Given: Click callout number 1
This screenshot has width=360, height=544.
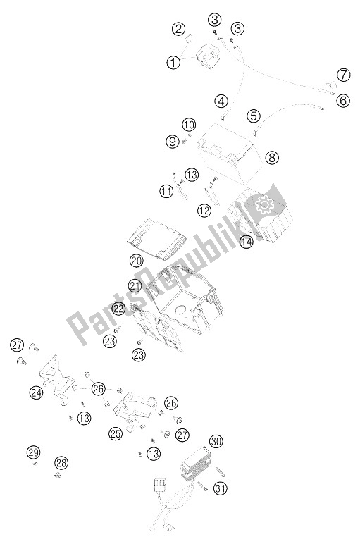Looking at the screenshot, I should click(x=173, y=62).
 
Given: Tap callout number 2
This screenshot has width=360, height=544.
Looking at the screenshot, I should click(x=180, y=29).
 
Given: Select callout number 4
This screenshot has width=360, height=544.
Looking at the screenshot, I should click(x=222, y=101).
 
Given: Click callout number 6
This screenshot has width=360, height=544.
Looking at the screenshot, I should click(x=343, y=101).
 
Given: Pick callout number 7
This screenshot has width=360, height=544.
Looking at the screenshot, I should click(x=343, y=75).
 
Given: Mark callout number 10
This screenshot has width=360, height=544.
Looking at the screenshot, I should click(x=188, y=125).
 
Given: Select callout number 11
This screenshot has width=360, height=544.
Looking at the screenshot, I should click(x=166, y=190).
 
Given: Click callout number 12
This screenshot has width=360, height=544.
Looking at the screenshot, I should click(x=204, y=210).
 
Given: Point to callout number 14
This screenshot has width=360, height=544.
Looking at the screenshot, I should click(x=244, y=242).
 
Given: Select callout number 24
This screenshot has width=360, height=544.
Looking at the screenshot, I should click(x=36, y=392).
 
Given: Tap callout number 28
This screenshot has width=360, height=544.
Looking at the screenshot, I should click(x=61, y=463).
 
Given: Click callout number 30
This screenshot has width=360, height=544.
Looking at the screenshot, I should click(x=216, y=443).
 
